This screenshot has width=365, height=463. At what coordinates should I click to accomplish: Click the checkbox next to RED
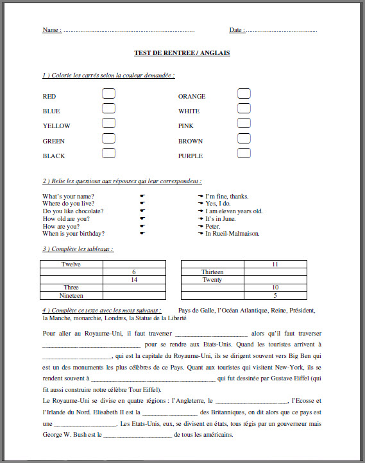pyautogui.click(x=109, y=93)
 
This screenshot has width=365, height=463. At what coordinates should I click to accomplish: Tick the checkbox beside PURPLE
pyautogui.click(x=244, y=153)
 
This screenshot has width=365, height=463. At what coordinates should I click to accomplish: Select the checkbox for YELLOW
pyautogui.click(x=109, y=123)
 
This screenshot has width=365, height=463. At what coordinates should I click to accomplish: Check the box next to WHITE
pyautogui.click(x=244, y=108)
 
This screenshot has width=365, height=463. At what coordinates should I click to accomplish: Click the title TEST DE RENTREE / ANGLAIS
pyautogui.click(x=182, y=53)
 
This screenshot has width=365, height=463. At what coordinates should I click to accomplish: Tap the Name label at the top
pyautogui.click(x=52, y=30)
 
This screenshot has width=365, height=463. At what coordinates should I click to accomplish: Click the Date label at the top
pyautogui.click(x=236, y=30)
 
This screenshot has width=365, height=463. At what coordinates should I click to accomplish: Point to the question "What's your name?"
pyautogui.click(x=69, y=196)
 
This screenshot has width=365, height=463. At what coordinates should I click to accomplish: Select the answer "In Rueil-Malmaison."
pyautogui.click(x=232, y=234)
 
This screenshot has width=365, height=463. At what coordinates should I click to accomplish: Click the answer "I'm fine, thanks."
pyautogui.click(x=227, y=196)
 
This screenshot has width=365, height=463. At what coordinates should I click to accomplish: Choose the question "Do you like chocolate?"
pyautogui.click(x=73, y=211)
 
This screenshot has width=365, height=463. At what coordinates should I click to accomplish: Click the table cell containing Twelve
pyautogui.click(x=71, y=264)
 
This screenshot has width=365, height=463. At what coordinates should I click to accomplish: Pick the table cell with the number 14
pyautogui.click(x=134, y=280)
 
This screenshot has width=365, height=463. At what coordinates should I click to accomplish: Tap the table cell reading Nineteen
pyautogui.click(x=71, y=296)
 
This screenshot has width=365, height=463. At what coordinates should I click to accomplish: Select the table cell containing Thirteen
pyautogui.click(x=212, y=272)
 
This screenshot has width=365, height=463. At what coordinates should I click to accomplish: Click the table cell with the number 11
pyautogui.click(x=275, y=264)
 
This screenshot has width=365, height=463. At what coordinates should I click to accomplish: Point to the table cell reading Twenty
pyautogui.click(x=212, y=280)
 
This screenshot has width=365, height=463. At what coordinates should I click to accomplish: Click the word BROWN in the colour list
pyautogui.click(x=191, y=141)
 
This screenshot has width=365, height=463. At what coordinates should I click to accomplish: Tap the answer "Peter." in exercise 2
pyautogui.click(x=213, y=226)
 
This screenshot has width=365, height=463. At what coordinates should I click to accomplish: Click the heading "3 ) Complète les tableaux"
pyautogui.click(x=78, y=248)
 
